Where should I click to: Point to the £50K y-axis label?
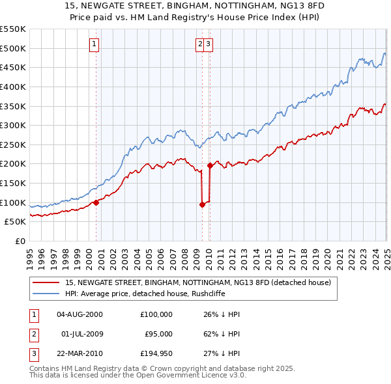[x=14, y=222]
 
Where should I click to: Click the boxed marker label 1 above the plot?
[x=94, y=44]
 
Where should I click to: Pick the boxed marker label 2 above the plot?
[x=199, y=44]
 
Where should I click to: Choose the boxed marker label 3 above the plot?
[x=208, y=44]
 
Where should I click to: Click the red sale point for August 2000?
[x=96, y=202]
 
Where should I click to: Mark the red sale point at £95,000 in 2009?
[x=202, y=204]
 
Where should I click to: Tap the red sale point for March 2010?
[x=210, y=165]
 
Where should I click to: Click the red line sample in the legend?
[x=46, y=282]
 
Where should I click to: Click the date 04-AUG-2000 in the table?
[x=80, y=314]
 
